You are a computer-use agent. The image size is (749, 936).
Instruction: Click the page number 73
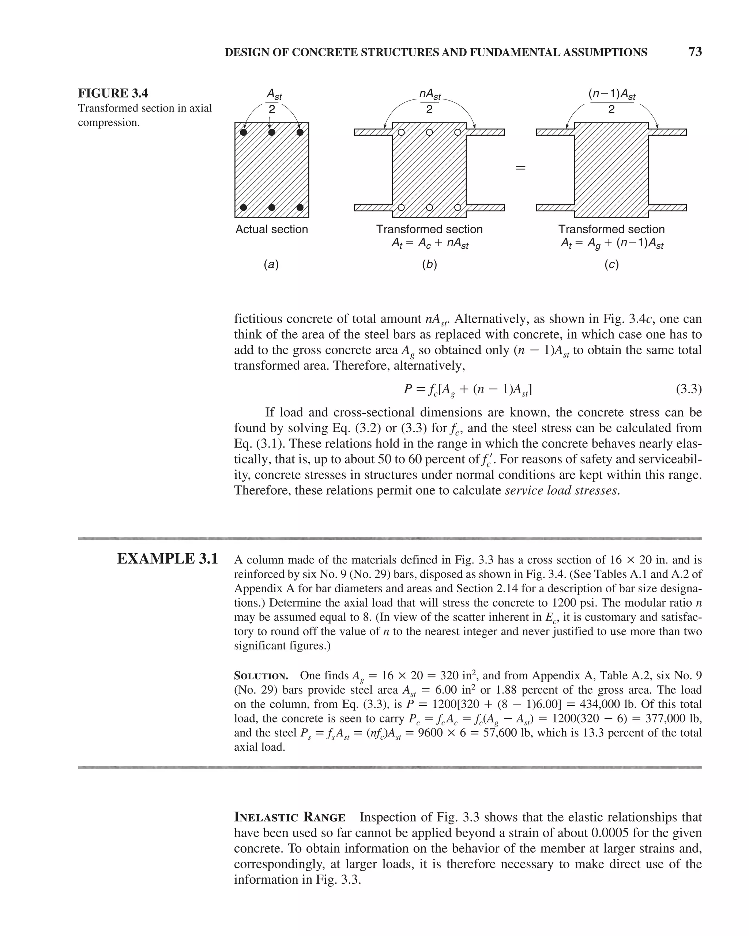click(695, 52)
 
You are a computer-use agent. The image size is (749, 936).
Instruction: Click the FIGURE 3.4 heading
click(113, 93)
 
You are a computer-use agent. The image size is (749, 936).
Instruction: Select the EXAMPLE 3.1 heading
click(167, 559)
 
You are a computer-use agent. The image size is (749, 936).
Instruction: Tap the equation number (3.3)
click(689, 389)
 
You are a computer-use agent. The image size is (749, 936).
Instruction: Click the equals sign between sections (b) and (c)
click(520, 167)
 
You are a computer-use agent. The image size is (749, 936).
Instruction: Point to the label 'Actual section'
click(271, 229)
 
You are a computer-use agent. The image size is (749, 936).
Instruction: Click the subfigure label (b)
click(429, 264)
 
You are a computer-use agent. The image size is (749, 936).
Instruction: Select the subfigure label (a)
click(271, 264)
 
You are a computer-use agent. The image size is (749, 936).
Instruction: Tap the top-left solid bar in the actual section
click(244, 132)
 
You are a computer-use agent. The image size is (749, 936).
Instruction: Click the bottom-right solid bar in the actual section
click(300, 207)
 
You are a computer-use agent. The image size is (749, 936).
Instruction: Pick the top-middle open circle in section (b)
click(429, 132)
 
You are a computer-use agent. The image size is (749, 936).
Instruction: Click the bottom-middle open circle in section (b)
click(429, 207)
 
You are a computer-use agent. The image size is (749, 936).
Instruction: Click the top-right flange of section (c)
click(667, 132)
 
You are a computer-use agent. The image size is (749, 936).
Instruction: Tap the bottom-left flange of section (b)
click(373, 208)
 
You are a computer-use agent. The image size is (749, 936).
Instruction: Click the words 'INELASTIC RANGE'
click(290, 818)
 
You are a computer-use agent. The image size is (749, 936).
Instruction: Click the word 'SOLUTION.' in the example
click(261, 676)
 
